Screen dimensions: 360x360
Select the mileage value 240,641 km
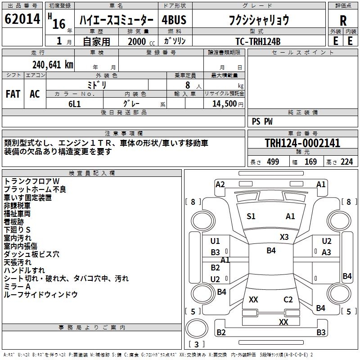(x=53, y=64)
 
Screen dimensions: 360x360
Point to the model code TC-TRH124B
(x=257, y=41)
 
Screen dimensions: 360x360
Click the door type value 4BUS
(x=174, y=20)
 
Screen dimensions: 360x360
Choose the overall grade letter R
(x=343, y=20)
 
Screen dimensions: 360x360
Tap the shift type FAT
(x=13, y=94)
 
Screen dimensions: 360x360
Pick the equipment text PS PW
(x=262, y=121)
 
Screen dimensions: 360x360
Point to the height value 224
(x=346, y=162)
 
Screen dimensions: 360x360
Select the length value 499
(x=272, y=162)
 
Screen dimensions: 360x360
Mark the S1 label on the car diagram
(x=251, y=216)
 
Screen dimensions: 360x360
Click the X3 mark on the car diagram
(x=284, y=237)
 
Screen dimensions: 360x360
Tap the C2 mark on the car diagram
(x=288, y=299)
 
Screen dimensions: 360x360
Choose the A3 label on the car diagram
(x=326, y=252)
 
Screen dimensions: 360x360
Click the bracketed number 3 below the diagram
(x=196, y=345)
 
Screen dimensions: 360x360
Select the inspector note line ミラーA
(x=17, y=286)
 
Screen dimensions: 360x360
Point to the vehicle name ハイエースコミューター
(x=117, y=21)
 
